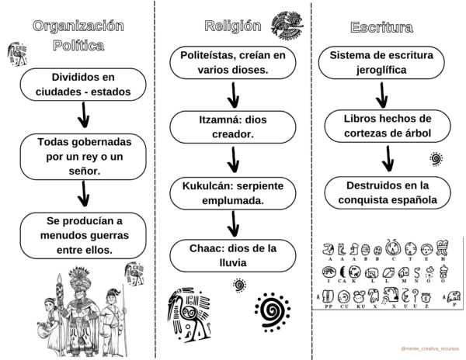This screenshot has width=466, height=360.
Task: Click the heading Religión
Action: click(232, 26)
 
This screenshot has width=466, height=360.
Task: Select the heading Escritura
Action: click(381, 28)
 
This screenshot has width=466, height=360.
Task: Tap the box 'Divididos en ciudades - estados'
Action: click(84, 85)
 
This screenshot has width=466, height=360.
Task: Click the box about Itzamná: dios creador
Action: click(234, 127)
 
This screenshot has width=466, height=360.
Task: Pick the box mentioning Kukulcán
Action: click(234, 193)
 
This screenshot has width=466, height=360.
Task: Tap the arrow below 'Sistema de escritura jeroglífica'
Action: click(381, 95)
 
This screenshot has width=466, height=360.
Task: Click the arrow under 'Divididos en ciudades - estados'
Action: click(84, 116)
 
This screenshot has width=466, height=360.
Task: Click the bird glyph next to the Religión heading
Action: click(287, 26)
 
